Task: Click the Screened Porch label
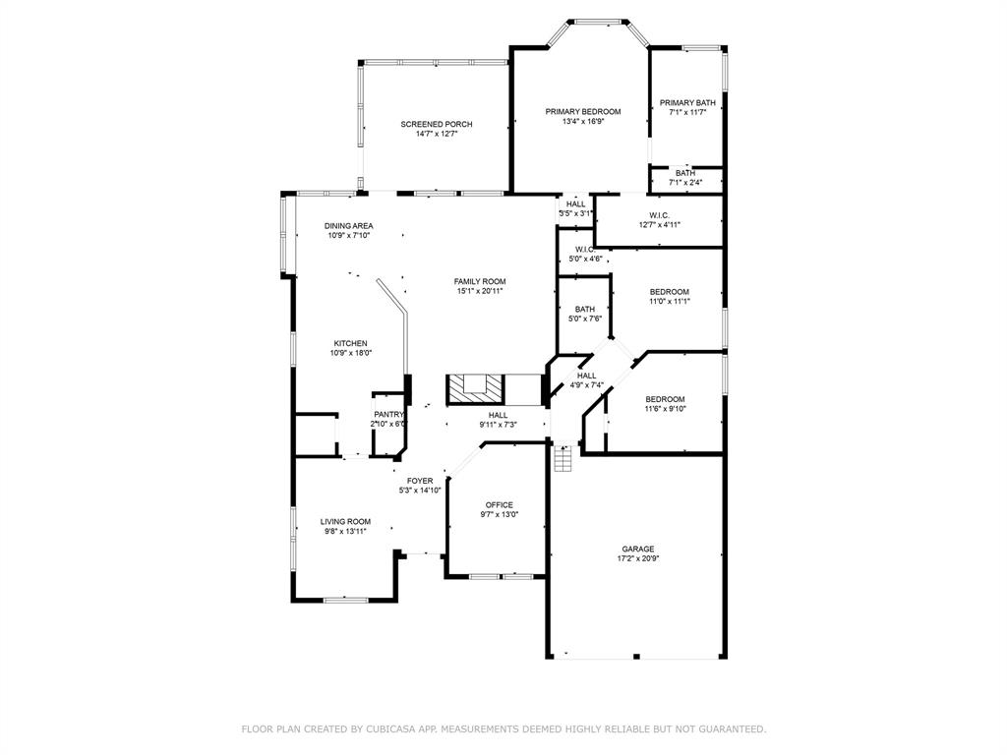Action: (436, 124)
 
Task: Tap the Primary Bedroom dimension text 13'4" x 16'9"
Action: (583, 122)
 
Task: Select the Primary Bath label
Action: (687, 102)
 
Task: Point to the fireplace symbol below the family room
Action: (476, 389)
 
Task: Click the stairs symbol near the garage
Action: (563, 459)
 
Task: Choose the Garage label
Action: (637, 549)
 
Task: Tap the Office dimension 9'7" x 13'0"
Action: (499, 514)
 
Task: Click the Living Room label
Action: (345, 521)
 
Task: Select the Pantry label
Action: (388, 414)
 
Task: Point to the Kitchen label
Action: (350, 343)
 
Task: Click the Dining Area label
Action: (349, 225)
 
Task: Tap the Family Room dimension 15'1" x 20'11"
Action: (480, 291)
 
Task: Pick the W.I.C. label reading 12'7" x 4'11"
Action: (659, 224)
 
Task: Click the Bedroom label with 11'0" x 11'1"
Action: (669, 291)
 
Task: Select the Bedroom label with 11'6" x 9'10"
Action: (665, 398)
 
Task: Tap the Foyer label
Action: (420, 480)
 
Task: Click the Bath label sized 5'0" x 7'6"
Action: (585, 309)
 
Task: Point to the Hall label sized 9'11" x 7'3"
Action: (499, 415)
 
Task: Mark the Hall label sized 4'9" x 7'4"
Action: (586, 375)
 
